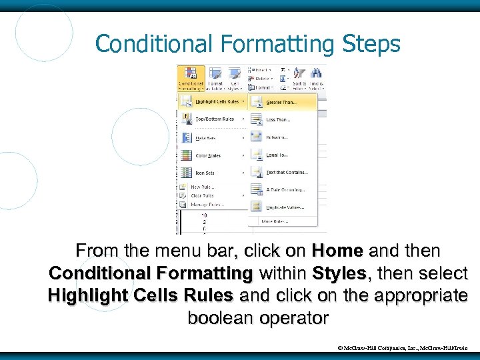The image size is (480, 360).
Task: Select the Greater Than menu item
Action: click(281, 103)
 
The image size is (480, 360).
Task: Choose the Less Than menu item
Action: click(278, 120)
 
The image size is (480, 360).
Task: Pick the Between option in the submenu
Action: click(277, 137)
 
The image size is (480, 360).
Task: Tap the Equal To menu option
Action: click(277, 155)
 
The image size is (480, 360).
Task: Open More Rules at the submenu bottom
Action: click(275, 221)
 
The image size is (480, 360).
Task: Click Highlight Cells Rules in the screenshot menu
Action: click(217, 102)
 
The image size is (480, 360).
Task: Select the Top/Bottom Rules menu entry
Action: click(215, 120)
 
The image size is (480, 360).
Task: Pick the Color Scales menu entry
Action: click(209, 156)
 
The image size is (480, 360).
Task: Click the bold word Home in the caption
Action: click(337, 251)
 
